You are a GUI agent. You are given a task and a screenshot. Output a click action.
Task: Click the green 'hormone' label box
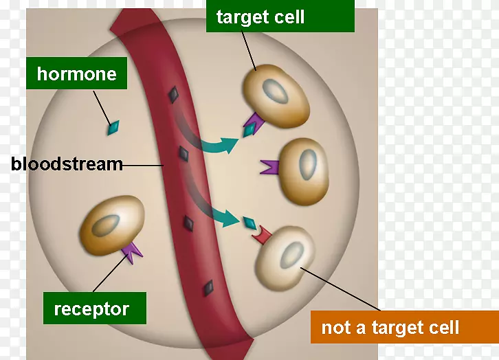pos(77,74)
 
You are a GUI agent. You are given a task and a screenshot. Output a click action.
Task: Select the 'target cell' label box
pos(260,17)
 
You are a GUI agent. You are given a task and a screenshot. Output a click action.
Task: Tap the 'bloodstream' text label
pos(67,164)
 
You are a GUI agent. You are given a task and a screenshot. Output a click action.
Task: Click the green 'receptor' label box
pos(91,308)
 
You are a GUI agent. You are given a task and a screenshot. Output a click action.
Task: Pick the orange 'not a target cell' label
pos(390,328)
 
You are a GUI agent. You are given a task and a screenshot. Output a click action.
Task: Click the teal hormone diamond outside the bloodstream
pos(112,127)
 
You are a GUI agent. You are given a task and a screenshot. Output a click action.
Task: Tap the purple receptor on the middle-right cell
pos(269,167)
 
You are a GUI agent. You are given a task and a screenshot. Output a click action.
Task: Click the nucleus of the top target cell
pos(278,92)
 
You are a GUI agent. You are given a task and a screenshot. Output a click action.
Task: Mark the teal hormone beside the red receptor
pos(249,223)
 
